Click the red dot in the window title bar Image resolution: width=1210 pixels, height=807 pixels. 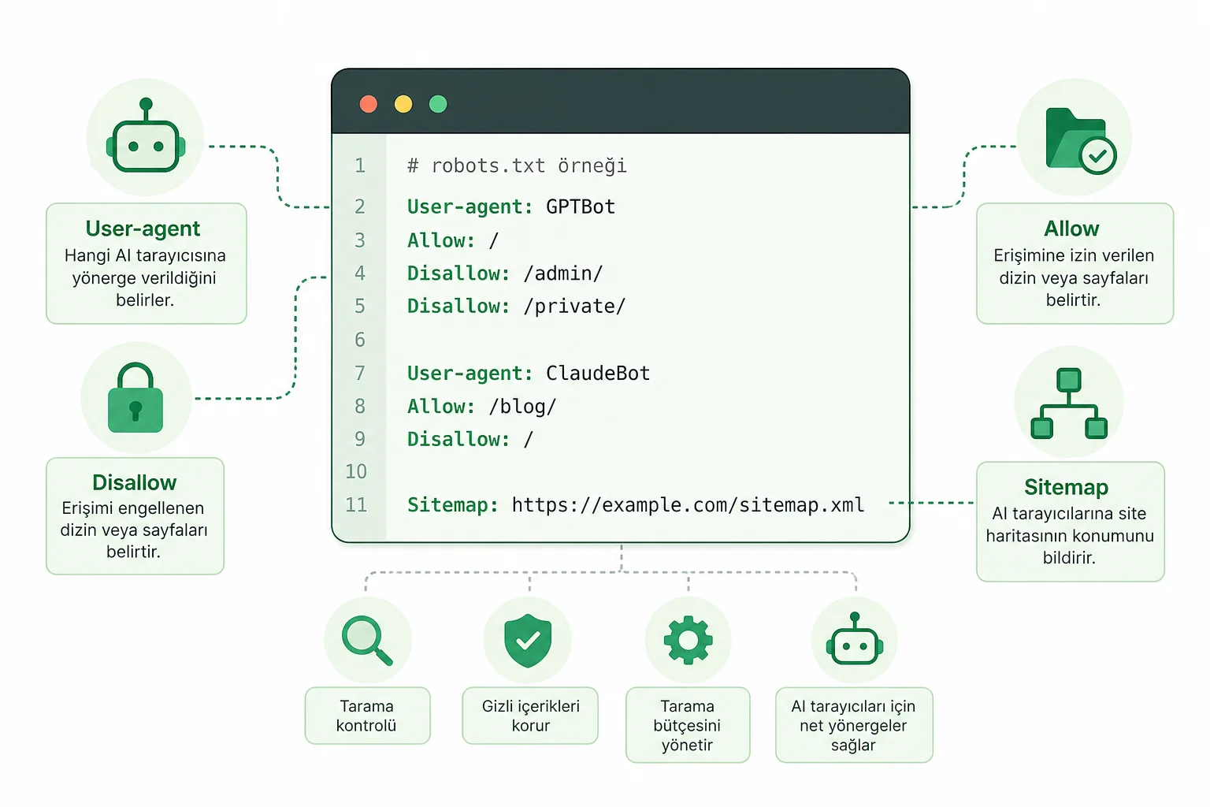coord(369,104)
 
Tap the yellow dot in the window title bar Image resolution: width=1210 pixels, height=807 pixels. coord(403,104)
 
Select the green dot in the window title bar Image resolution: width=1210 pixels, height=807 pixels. coord(438,104)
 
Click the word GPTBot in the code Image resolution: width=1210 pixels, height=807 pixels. coord(581,206)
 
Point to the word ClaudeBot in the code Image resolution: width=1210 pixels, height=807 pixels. coord(598,373)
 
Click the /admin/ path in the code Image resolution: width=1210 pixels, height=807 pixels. coord(563,273)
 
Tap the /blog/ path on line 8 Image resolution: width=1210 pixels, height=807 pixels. coord(522,407)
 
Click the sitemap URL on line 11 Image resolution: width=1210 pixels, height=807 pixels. coord(689,505)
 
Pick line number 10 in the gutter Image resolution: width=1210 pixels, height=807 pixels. coord(356,471)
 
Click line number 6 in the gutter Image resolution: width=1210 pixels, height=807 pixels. coord(360,340)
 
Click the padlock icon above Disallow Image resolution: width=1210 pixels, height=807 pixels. coord(135,397)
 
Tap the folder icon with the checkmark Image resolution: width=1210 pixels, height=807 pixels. coord(1081,140)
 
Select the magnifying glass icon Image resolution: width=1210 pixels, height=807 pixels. coord(367,641)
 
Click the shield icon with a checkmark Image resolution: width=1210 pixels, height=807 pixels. coord(528,641)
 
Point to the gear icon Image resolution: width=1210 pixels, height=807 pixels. coord(689,640)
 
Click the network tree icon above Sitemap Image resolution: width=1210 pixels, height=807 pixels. coord(1069,403)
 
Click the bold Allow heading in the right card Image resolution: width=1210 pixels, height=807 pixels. coord(1071,229)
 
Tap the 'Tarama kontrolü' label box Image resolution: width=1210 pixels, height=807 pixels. coord(367,716)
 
